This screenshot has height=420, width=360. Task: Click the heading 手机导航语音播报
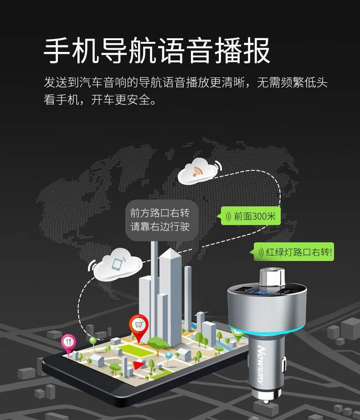157,51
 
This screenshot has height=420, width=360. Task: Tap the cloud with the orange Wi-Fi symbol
197,171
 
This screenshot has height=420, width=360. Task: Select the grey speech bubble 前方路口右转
159,220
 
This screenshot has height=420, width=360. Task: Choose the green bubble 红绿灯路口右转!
293,252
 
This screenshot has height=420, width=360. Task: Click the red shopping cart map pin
139,325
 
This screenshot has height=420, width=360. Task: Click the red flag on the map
138,364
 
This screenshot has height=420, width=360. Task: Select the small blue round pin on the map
169,355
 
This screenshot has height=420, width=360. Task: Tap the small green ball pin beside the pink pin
93,339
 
